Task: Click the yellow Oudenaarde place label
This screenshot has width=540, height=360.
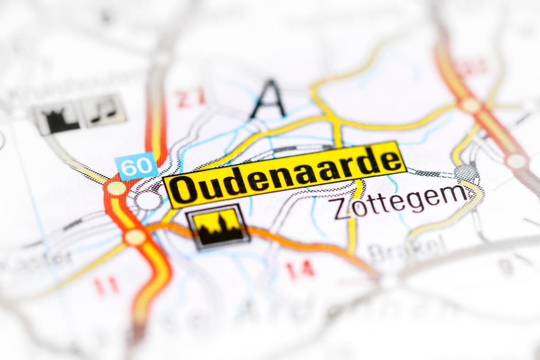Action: point(284,174)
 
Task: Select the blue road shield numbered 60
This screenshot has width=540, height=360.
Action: point(137,166)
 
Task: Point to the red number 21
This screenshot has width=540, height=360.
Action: point(190,98)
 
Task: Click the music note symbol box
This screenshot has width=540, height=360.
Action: point(103,111)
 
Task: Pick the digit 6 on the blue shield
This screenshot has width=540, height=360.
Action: point(129,167)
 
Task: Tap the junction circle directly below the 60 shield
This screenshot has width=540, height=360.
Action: point(116,188)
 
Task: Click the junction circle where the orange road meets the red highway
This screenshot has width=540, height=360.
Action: point(135,236)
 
